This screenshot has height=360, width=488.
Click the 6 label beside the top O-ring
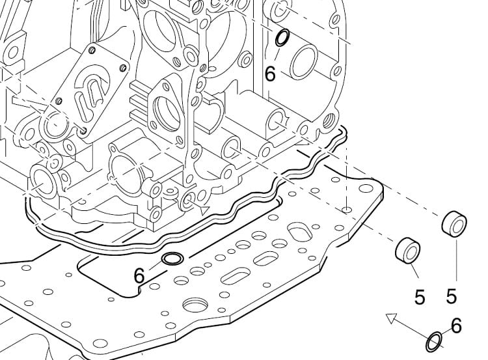pyautogui.click(x=270, y=74)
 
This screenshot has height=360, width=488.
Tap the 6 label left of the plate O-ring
pyautogui.click(x=139, y=275)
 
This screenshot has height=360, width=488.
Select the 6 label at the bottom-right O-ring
pyautogui.click(x=456, y=325)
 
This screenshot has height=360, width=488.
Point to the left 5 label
pyautogui.click(x=420, y=298)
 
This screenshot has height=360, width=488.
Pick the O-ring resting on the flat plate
pyautogui.click(x=171, y=260)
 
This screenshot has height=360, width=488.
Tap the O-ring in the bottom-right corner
pyautogui.click(x=434, y=340)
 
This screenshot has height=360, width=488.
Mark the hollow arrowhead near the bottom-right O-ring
pyautogui.click(x=391, y=318)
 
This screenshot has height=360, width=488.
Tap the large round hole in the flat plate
pyautogui.click(x=195, y=304)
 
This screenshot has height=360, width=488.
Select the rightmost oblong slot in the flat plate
pyautogui.click(x=301, y=232)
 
